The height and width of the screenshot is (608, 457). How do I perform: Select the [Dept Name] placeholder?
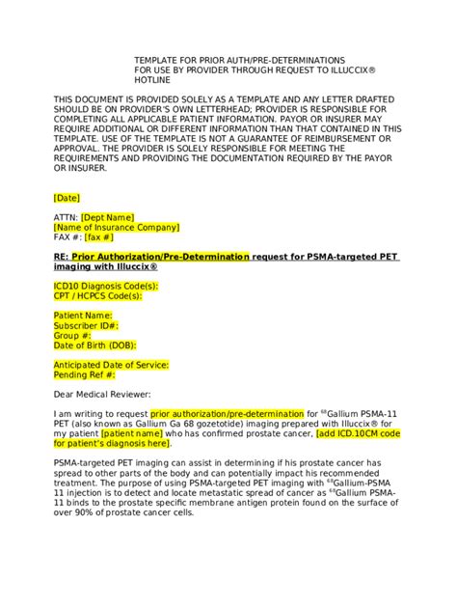tap(107, 217)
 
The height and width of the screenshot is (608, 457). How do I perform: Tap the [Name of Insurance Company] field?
tap(116, 227)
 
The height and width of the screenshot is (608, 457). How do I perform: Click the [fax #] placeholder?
tap(99, 236)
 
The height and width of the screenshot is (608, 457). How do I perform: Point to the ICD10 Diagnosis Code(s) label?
tap(105, 287)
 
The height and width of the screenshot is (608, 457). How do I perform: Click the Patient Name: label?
tap(83, 316)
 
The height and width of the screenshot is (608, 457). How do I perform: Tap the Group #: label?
tap(73, 335)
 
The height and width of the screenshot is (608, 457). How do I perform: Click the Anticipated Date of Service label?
tap(111, 364)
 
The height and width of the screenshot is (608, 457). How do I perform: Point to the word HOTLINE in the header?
tap(152, 80)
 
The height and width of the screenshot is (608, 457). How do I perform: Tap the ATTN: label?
tap(65, 217)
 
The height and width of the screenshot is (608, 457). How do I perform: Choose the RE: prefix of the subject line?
tap(61, 257)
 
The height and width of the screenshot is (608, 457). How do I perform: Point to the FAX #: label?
tap(67, 236)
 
